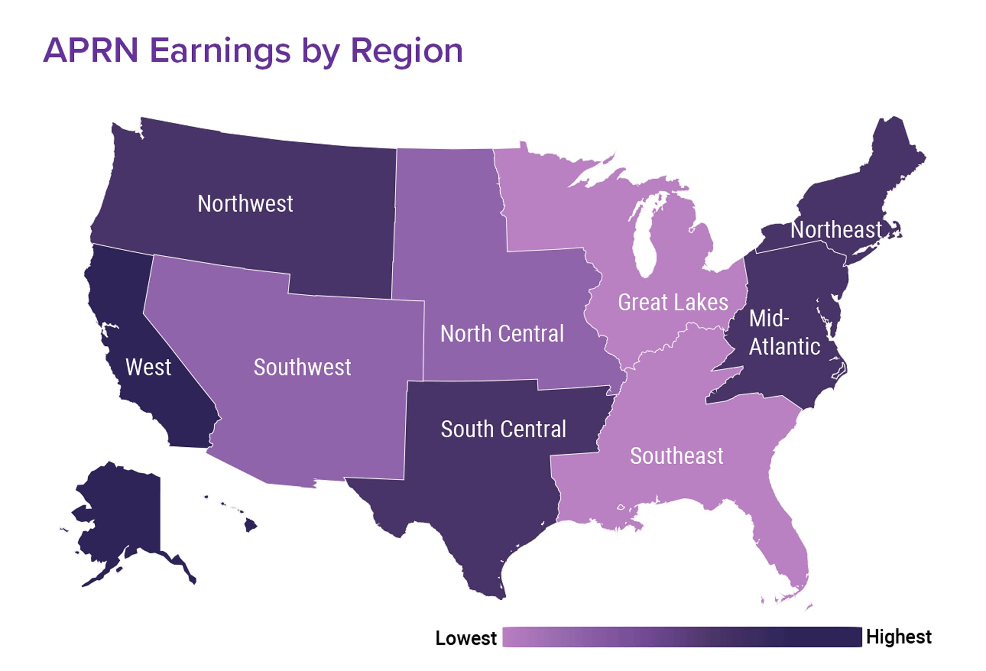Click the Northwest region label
(x=245, y=204)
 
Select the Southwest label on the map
(x=302, y=367)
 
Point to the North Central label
(x=502, y=334)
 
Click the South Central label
(x=503, y=429)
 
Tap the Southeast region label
(x=676, y=456)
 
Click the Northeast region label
(x=836, y=230)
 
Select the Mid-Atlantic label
(x=784, y=333)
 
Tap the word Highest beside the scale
(x=898, y=637)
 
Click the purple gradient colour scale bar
(x=681, y=637)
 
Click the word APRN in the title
(x=91, y=51)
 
